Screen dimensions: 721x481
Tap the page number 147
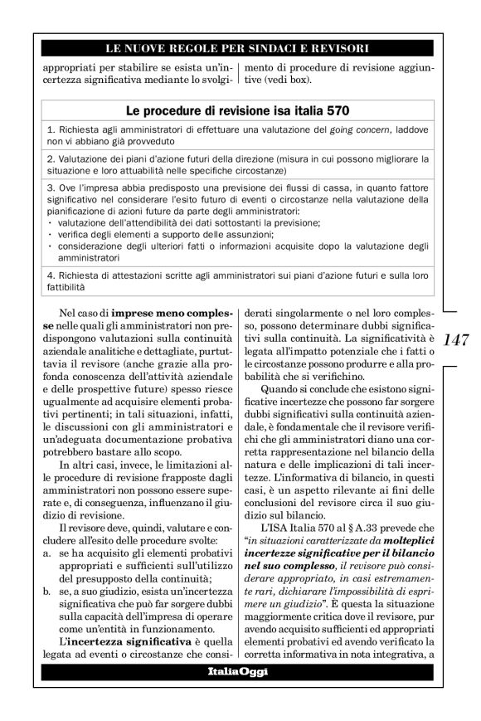point(456,339)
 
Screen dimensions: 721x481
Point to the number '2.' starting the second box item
point(51,158)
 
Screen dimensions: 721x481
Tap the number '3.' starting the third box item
point(51,188)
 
